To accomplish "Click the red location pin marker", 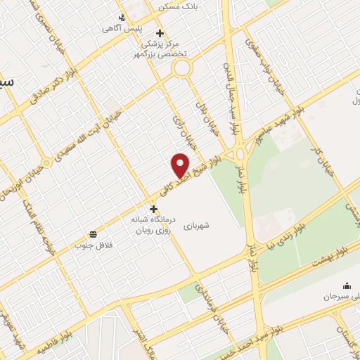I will [181, 165].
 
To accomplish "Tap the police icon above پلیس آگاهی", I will [123, 18].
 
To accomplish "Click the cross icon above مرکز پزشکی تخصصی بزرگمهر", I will [160, 33].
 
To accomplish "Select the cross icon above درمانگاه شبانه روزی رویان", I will [153, 208].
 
